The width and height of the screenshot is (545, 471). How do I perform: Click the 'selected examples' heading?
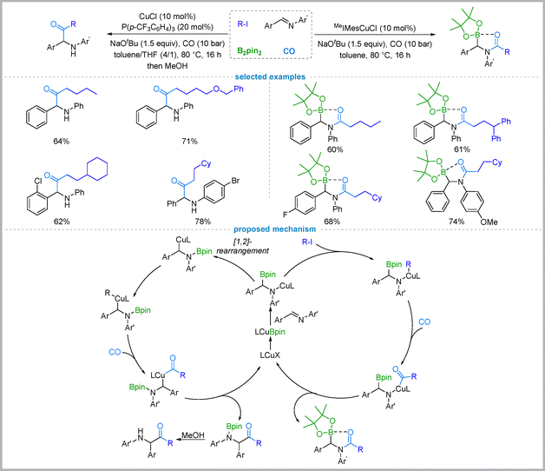click(x=270, y=76)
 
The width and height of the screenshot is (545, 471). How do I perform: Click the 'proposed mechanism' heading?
click(x=274, y=229)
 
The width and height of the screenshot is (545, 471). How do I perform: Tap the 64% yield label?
click(x=61, y=141)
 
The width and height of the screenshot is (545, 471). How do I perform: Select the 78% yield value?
click(x=202, y=222)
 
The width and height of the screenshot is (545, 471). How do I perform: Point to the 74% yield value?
click(x=456, y=222)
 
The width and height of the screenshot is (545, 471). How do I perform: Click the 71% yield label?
click(x=189, y=141)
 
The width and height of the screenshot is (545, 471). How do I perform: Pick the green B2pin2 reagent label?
click(x=249, y=51)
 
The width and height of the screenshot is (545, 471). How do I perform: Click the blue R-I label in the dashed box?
click(x=243, y=24)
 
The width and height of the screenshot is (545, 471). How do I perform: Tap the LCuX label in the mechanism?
click(x=270, y=355)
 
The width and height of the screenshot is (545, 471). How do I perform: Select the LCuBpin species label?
click(x=270, y=332)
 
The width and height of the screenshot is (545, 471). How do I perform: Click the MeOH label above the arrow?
click(x=193, y=435)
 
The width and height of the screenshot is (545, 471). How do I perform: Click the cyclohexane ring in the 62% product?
click(x=97, y=169)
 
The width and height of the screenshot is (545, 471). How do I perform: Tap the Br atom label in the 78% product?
click(x=235, y=181)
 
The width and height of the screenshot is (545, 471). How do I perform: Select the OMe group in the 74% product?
click(x=489, y=222)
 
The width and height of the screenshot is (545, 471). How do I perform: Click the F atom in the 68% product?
click(x=286, y=215)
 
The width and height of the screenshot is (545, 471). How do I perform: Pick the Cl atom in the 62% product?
click(x=38, y=181)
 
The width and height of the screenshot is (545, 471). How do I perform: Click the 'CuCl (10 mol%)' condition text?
click(x=167, y=17)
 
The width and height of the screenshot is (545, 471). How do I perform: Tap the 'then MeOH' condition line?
click(x=167, y=65)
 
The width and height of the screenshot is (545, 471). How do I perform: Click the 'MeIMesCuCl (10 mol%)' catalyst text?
click(x=375, y=28)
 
